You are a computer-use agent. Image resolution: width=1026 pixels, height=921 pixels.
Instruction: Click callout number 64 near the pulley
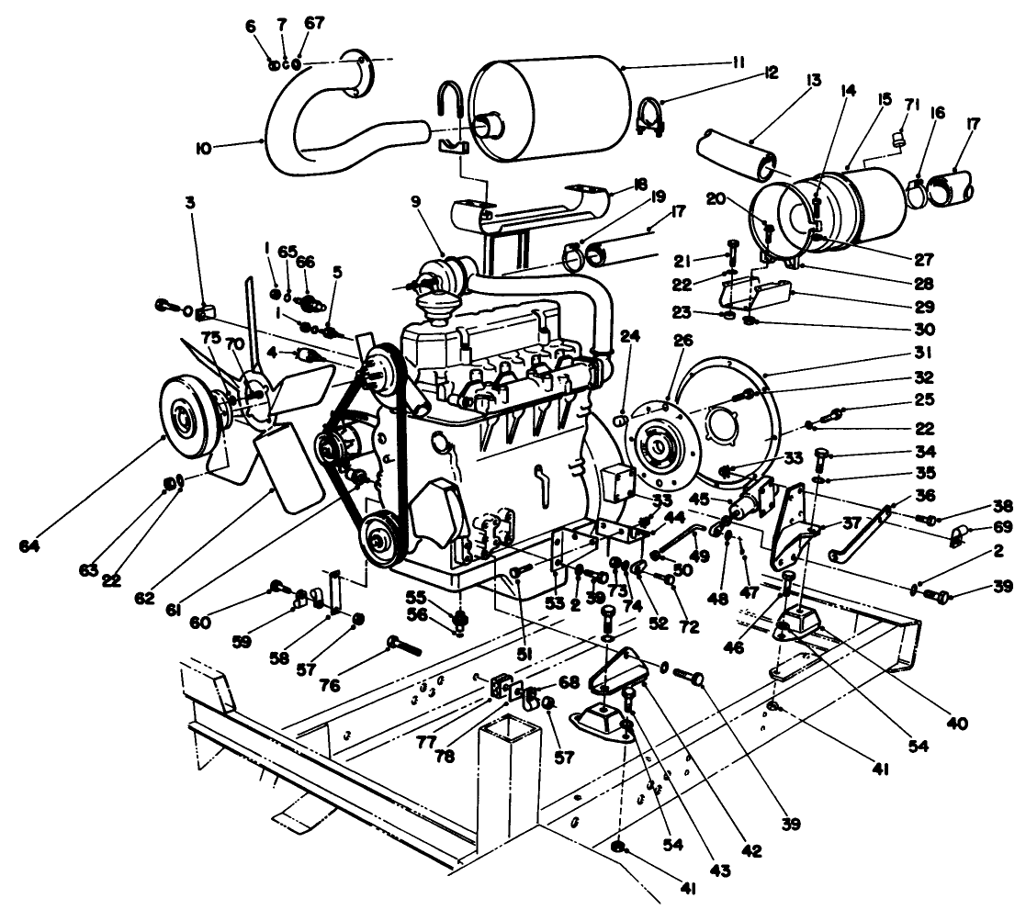point(31,546)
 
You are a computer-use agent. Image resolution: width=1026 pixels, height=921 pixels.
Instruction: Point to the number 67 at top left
point(315,23)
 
